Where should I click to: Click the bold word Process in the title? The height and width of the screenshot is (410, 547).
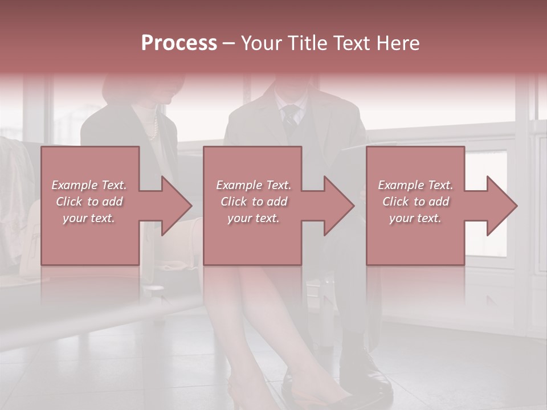pos(179,43)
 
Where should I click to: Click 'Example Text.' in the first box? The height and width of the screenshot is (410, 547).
pos(89,185)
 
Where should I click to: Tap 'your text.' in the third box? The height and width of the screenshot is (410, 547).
pos(415,218)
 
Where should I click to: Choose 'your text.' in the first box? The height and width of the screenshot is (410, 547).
pos(89,218)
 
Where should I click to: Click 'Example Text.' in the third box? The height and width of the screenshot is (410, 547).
pos(415,185)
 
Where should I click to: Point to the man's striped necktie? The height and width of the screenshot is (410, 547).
pos(291,117)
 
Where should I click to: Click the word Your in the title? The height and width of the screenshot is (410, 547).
pos(260,43)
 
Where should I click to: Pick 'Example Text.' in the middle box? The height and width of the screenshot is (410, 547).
pos(254,185)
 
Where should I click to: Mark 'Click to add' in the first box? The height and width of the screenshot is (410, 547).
pos(89,202)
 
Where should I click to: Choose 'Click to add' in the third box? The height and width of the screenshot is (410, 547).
pos(415,202)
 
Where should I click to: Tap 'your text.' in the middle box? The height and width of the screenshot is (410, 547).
pos(254,218)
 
